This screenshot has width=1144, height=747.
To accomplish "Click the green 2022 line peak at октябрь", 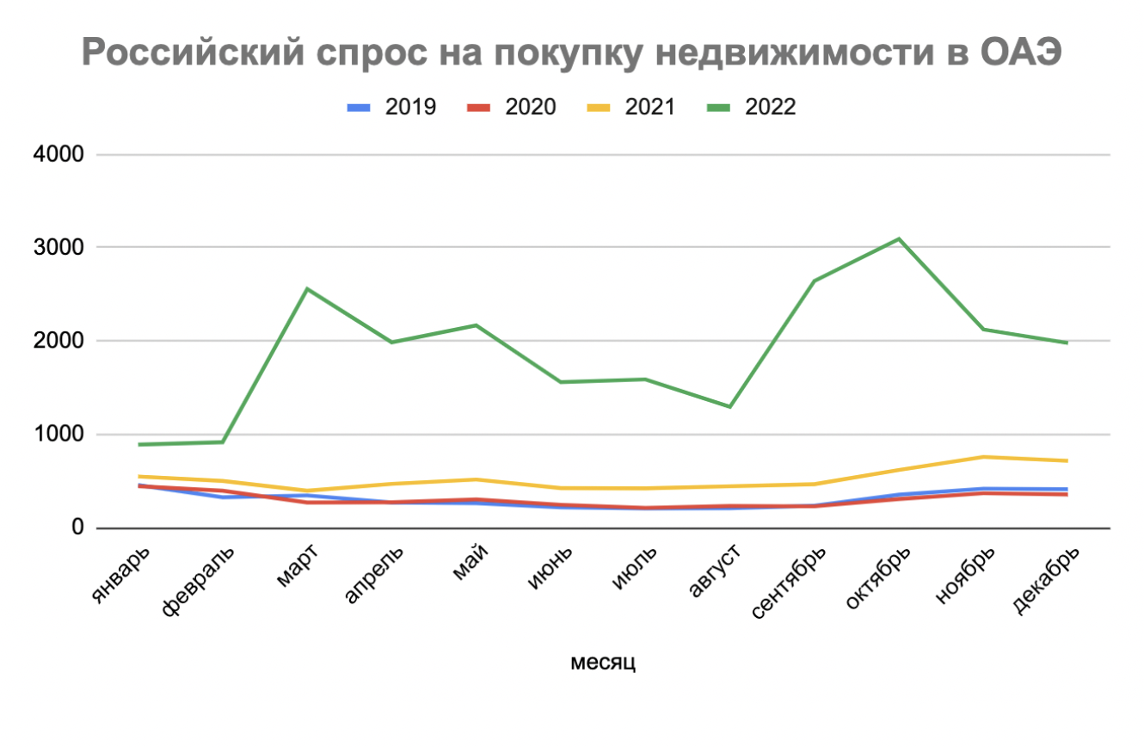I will coord(899,238).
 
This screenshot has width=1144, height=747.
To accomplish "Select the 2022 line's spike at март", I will coord(307,288).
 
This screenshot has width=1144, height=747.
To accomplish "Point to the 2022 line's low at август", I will coord(730,406).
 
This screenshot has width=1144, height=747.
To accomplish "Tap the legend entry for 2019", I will coord(392,107).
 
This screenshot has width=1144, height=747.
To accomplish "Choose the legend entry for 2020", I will coord(511,107).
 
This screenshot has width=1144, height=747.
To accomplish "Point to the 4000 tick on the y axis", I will coord(59,155).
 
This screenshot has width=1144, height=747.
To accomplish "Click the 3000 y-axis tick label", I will coord(59,248).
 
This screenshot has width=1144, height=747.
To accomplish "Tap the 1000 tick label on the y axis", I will coord(59,435).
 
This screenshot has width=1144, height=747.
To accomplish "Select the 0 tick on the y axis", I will coord(77,528).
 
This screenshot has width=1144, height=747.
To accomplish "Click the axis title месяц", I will coord(603,662).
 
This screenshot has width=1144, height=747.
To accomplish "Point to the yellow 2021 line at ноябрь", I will coord(983,456).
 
